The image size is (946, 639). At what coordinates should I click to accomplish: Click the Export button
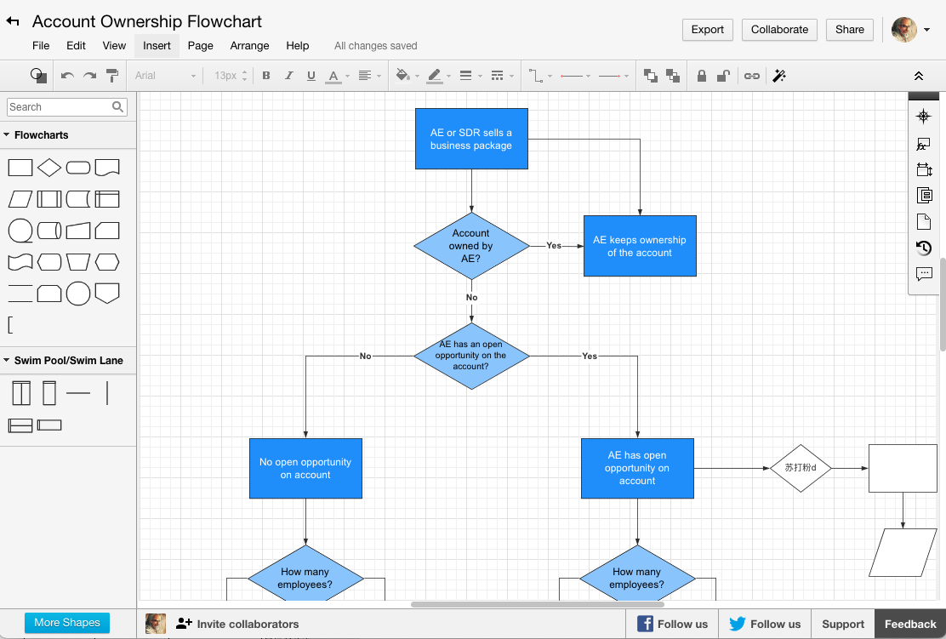(707, 30)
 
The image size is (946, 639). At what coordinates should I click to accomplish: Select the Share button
(849, 30)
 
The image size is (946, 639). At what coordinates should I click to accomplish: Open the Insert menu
(157, 46)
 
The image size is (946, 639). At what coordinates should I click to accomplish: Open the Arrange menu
(249, 46)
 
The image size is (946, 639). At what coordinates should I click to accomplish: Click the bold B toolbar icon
(266, 76)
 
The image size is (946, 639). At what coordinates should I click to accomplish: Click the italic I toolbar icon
(289, 76)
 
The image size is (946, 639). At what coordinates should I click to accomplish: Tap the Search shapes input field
(60, 107)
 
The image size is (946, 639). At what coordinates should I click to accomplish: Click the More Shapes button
(67, 623)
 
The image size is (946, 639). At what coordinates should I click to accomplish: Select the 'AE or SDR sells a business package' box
(470, 139)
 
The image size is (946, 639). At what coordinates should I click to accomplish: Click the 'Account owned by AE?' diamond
(470, 246)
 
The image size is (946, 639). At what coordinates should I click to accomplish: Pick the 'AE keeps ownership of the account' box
(639, 246)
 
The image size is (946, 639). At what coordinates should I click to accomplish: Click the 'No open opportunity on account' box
(305, 468)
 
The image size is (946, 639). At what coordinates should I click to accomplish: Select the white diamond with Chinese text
(800, 468)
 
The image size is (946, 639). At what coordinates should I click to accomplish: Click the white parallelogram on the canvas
(903, 552)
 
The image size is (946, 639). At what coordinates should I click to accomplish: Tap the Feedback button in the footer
(909, 624)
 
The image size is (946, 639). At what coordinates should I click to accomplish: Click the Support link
(842, 624)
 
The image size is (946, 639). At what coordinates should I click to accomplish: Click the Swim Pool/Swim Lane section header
(68, 361)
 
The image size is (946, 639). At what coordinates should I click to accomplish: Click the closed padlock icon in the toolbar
(701, 76)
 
